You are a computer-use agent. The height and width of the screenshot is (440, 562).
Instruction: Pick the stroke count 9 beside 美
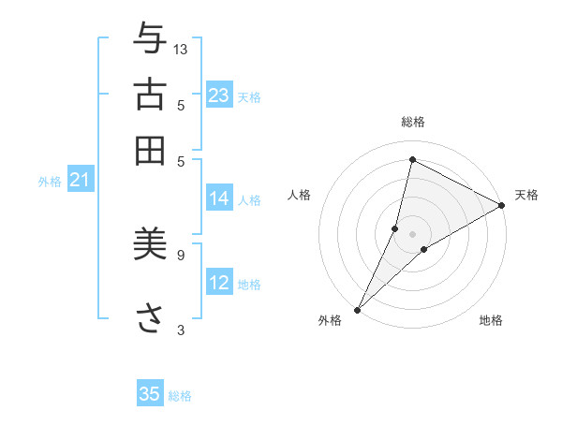[181, 253]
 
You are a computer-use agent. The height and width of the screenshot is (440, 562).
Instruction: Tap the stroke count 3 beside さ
[181, 329]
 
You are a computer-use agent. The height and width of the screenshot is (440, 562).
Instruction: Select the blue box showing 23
[219, 95]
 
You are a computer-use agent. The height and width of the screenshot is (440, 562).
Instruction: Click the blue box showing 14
[219, 198]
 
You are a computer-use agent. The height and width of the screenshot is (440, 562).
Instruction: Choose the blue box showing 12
[219, 283]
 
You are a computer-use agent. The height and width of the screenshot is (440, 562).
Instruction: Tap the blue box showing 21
[80, 181]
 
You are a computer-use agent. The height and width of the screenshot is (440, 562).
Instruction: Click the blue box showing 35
[150, 394]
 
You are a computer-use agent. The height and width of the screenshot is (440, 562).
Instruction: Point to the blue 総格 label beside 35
[180, 396]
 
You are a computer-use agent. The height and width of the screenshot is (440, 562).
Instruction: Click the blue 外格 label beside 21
[49, 183]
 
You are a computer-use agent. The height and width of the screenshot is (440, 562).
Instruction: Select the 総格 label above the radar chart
[413, 123]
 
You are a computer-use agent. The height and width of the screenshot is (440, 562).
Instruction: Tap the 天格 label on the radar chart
[526, 195]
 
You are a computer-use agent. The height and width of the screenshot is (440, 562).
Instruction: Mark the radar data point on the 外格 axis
[358, 310]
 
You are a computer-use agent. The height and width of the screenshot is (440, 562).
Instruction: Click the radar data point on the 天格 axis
[502, 205]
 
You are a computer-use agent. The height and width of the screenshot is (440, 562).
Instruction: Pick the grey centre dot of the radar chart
[413, 233]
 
